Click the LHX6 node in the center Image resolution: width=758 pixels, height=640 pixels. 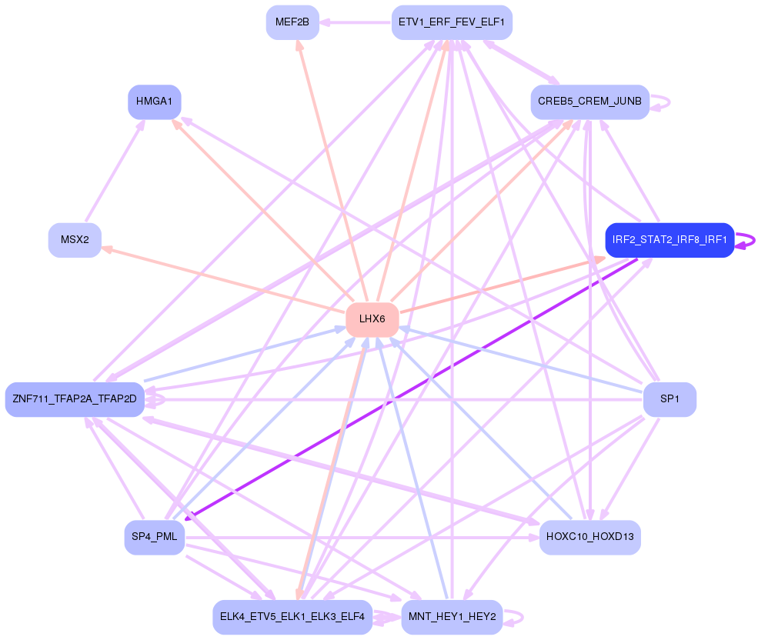point(372,319)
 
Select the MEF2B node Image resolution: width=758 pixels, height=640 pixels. point(292,22)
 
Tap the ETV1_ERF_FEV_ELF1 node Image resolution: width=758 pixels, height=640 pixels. point(452,22)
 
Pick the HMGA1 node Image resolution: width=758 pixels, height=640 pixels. point(154,102)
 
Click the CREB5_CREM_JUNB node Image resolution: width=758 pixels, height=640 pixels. point(589,102)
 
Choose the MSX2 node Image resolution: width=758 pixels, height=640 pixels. point(75,240)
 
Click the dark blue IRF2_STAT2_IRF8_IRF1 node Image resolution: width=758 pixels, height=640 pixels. point(670,240)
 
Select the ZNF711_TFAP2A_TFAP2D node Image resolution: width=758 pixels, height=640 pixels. point(75,399)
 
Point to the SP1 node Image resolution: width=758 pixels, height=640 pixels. point(670,399)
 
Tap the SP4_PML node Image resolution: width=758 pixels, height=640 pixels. point(154,537)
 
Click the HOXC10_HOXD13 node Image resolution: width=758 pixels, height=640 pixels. point(589,537)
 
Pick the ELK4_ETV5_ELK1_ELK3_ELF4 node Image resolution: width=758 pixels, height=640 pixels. point(292,617)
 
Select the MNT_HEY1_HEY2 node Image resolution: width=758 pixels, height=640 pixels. point(452,617)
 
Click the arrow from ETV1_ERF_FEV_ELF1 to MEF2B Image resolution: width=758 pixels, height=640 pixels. point(354,23)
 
